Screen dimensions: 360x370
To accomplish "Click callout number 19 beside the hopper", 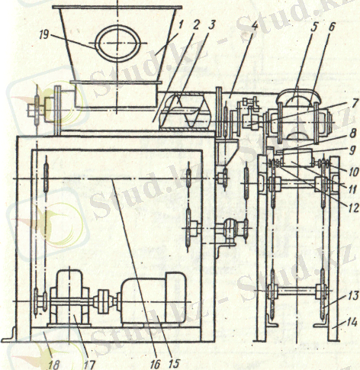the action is pos(44,35).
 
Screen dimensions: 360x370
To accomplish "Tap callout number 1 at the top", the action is pos(181,24).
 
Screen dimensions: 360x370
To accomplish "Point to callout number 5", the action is pos(314,27).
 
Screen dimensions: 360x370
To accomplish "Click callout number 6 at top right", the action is pos(332,27).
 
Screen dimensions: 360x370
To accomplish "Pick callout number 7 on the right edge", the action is pos(354,103).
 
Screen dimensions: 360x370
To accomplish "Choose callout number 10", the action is pos(353,172).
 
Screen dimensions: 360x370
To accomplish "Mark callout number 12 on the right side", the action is pos(354,209).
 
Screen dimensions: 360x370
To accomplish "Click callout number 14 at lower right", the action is pos(354,323).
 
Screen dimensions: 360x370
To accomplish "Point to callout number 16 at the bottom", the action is pos(155,364).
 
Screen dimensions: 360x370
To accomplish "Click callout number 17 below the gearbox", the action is pos(90,365).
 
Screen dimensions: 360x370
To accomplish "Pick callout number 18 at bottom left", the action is pos(53,365).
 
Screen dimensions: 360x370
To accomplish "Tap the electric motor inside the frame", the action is pos(153,299).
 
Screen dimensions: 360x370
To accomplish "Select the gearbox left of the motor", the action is pos(69,299).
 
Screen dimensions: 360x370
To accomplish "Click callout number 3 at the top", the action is pos(211,25).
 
